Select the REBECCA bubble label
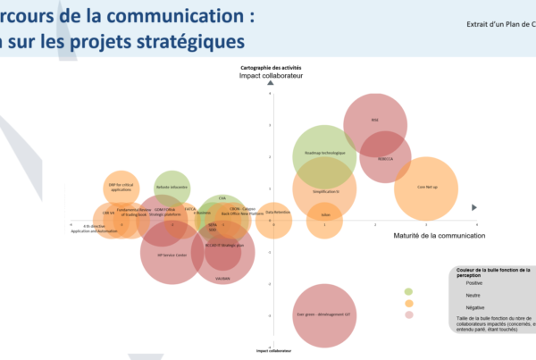[385, 158]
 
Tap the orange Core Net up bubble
[426, 188]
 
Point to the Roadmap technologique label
[324, 153]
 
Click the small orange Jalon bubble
[324, 214]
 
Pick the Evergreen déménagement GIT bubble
[325, 315]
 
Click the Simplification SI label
[325, 191]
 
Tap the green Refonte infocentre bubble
[172, 188]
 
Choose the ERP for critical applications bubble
[121, 187]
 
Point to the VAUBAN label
[223, 279]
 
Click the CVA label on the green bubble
[222, 198]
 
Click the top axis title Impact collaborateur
[272, 76]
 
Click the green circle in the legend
[408, 291]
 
